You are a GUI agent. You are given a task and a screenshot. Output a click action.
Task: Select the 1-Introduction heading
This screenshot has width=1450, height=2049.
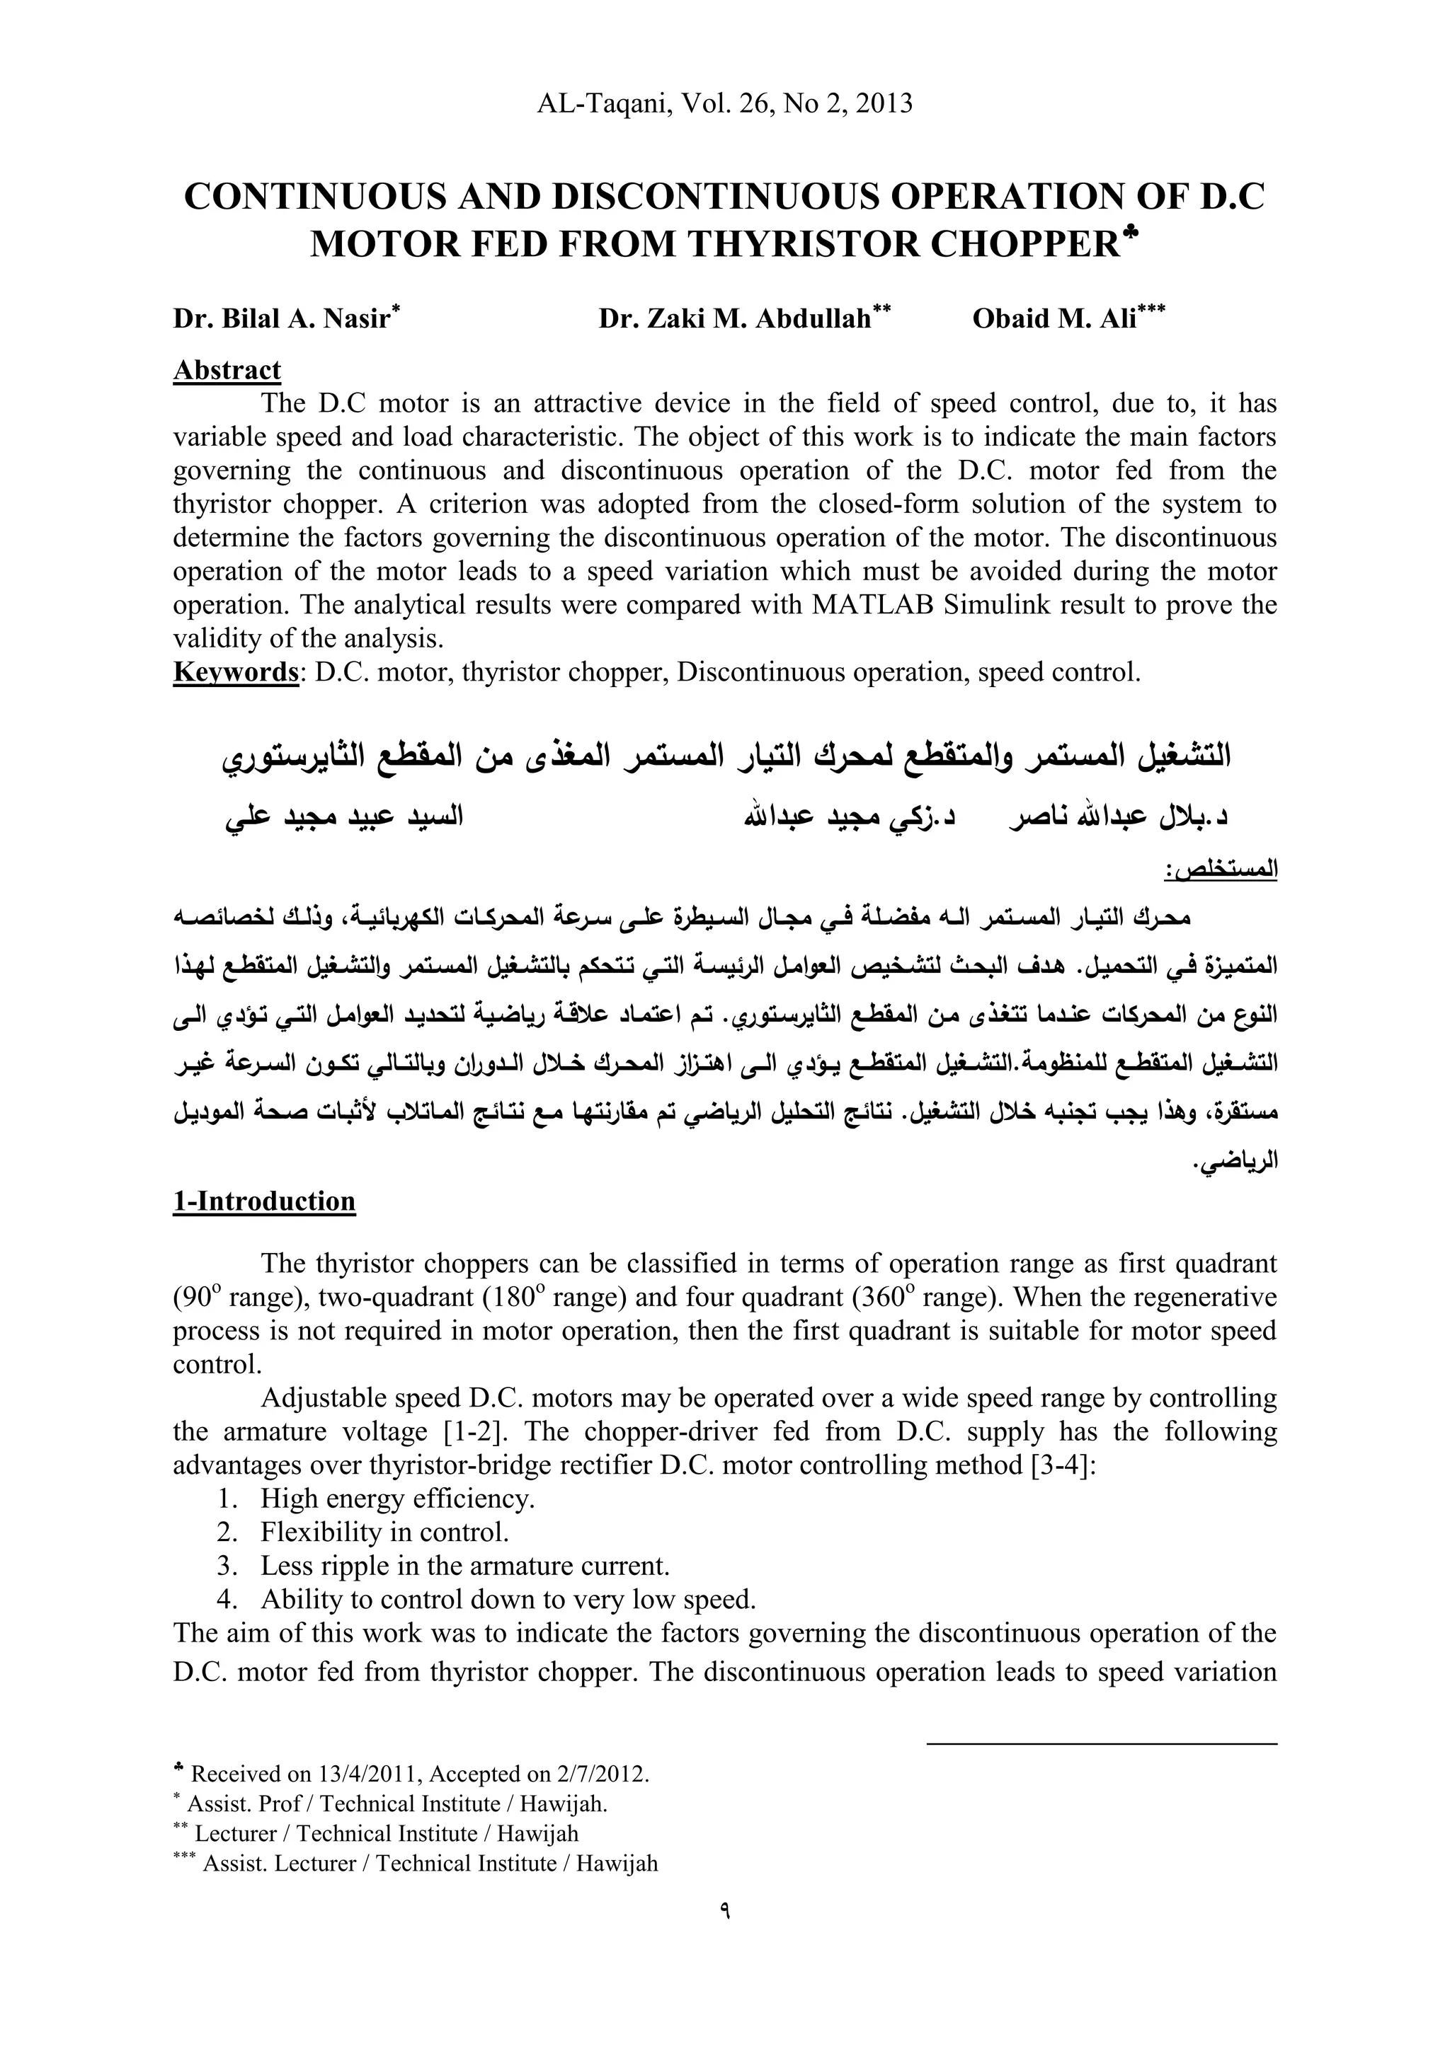(264, 1201)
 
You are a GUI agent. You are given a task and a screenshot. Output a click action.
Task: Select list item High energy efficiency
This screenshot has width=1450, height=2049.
(397, 1499)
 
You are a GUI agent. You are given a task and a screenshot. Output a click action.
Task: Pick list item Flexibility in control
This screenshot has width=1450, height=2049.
(385, 1533)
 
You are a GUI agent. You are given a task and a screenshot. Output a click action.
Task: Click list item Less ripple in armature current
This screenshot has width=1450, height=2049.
(464, 1566)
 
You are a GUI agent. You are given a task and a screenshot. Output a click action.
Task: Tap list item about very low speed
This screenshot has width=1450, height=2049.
(508, 1599)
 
